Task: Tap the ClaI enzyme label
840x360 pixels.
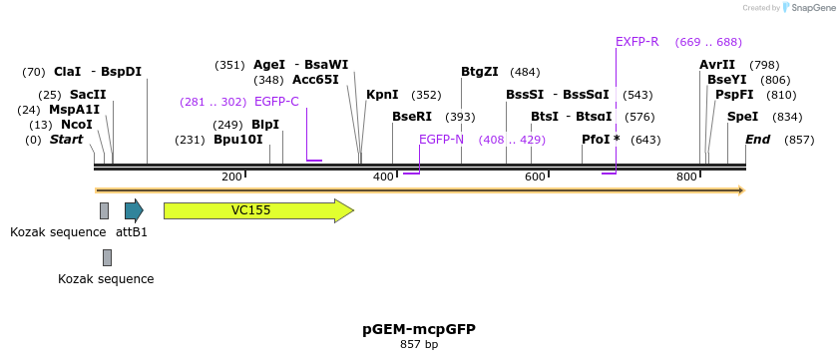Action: [x=67, y=72]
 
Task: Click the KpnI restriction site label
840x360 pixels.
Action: [x=382, y=95]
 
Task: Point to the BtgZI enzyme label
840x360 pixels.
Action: [x=481, y=72]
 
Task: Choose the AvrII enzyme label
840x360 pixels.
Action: [x=717, y=65]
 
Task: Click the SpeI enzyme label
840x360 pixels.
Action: [x=743, y=117]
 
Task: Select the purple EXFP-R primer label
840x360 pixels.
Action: [x=637, y=42]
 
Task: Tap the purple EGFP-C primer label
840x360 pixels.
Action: [x=276, y=102]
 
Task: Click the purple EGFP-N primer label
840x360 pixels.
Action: [x=441, y=140]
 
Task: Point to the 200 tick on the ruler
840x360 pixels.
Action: [x=232, y=177]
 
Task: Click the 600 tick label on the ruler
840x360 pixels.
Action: [x=535, y=177]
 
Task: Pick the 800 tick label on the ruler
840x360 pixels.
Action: [x=686, y=177]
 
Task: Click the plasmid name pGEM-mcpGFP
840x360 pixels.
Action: [x=419, y=328]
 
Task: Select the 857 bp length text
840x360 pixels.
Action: [x=419, y=344]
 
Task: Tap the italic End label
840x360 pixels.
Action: [x=758, y=140]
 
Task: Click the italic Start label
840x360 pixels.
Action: [x=67, y=140]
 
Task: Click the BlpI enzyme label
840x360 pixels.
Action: [x=265, y=125]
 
